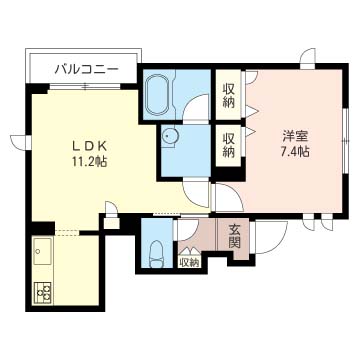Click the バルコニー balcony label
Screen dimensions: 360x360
(x=86, y=70)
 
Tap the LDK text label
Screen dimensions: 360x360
(x=89, y=146)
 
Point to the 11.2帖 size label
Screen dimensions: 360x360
(x=89, y=162)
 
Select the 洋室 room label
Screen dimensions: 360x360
(x=296, y=136)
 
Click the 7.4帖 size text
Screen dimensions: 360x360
(x=295, y=152)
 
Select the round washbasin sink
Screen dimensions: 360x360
(x=170, y=136)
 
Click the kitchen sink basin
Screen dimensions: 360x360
(x=42, y=251)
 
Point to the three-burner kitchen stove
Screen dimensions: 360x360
(x=44, y=293)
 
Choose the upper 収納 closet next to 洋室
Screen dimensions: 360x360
(x=228, y=95)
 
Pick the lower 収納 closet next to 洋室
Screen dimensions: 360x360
(x=228, y=145)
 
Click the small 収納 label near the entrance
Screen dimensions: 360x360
(x=190, y=262)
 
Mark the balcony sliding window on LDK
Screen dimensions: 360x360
(x=85, y=87)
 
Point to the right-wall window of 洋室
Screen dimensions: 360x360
(x=346, y=141)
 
